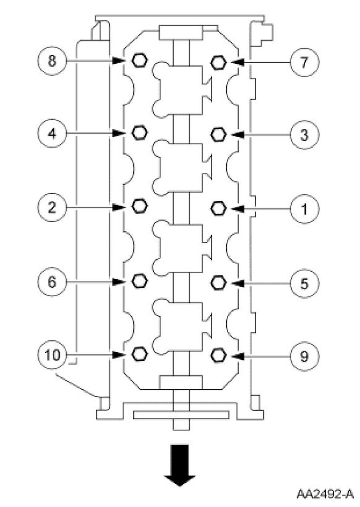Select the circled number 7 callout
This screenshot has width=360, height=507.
click(x=304, y=63)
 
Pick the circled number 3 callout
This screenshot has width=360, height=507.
click(x=304, y=134)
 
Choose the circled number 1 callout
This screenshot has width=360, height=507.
click(x=304, y=209)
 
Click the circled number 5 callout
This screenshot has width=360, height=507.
click(x=304, y=283)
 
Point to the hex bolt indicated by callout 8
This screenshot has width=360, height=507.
click(x=139, y=60)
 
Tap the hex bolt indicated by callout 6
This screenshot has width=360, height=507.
click(x=139, y=281)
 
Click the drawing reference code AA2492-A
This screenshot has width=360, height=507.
click(x=325, y=494)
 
